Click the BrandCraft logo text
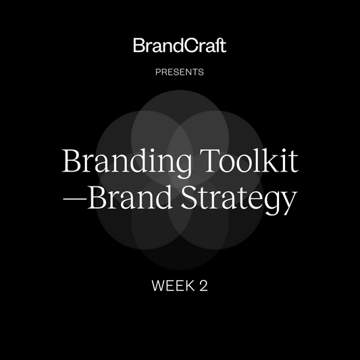point(180,46)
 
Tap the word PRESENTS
point(180,70)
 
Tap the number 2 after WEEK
point(203,286)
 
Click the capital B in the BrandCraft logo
point(138,46)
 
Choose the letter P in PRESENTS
point(159,70)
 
